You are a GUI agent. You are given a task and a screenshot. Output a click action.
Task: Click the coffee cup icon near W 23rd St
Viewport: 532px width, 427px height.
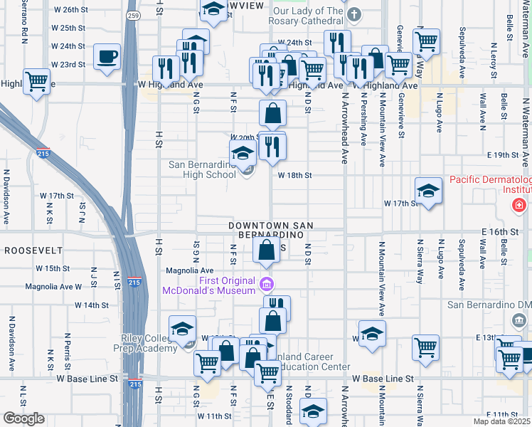coord(107,56)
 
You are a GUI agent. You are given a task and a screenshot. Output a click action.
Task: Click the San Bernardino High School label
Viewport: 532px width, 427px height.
coord(202,169)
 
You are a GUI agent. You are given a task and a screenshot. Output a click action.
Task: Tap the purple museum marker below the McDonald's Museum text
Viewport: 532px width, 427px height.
coord(267,285)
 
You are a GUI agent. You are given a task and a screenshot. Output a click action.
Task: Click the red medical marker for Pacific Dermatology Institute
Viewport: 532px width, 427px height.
coord(518,206)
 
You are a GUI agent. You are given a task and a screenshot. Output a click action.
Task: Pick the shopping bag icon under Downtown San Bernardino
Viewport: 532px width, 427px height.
coord(266,250)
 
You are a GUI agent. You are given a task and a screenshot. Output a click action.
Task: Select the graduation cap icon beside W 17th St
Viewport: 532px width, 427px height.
coord(427,191)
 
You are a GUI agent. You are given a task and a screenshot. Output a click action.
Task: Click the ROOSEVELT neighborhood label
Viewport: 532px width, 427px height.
coord(31,251)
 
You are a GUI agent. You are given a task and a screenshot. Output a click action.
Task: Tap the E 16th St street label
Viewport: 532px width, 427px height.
coord(498,233)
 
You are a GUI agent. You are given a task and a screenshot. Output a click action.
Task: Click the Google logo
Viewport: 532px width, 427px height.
coord(23,418)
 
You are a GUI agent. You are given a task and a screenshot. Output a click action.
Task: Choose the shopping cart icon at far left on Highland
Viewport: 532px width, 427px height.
coord(36,80)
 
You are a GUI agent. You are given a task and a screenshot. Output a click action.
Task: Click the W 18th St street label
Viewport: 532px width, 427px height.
coord(295,174)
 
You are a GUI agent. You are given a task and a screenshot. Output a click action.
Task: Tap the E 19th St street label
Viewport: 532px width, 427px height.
coord(504,154)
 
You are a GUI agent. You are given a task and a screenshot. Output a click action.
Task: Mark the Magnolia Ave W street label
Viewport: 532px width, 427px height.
coord(53,287)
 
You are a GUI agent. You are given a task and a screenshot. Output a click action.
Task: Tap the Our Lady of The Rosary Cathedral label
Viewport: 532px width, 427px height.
coord(308,16)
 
